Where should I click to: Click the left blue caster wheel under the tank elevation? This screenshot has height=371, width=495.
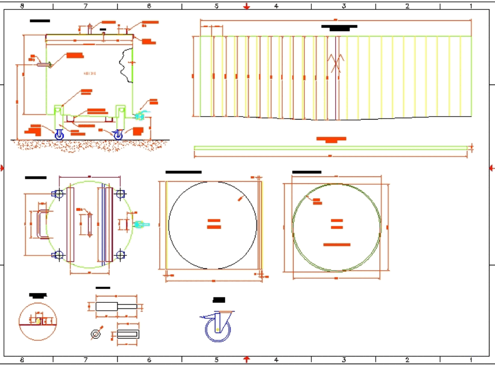coord(59,134)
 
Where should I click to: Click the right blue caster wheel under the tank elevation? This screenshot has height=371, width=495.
coord(118,134)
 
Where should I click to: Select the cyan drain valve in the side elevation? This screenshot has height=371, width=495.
coord(141,117)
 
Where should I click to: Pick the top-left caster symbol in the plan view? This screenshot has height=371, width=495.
coord(58,194)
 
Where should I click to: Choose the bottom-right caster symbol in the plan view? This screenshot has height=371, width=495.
coord(120,255)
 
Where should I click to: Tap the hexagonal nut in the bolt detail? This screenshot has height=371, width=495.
coord(96,334)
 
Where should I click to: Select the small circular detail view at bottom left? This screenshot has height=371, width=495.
coord(38,321)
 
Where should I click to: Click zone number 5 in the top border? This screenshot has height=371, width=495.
coord(216,6)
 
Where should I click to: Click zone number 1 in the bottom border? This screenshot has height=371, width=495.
coord(471,360)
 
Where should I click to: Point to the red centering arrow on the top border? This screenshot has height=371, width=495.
coord(247,6)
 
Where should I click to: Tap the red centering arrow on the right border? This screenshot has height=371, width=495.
coord(491,168)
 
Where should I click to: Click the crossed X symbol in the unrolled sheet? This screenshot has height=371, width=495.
coord(337,63)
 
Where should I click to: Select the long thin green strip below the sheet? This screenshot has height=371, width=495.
coord(331,148)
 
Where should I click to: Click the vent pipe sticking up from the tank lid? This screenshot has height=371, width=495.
coord(89,29)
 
